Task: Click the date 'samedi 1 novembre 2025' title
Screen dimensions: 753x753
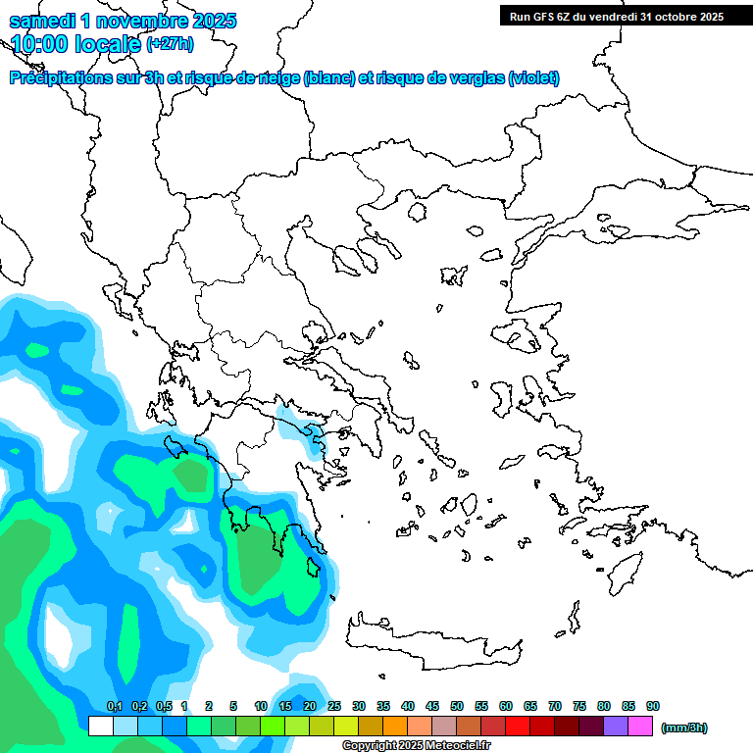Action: (x=124, y=21)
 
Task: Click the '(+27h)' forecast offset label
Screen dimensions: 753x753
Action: (x=170, y=44)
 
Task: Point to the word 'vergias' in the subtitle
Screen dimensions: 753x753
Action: (x=478, y=78)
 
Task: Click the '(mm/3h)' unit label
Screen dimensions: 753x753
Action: (x=684, y=728)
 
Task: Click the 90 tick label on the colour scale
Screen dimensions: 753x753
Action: (x=653, y=706)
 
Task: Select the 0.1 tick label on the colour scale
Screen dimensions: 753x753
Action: (x=114, y=706)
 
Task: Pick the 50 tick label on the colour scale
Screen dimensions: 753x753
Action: (x=457, y=706)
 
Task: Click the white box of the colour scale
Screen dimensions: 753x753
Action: (x=100, y=727)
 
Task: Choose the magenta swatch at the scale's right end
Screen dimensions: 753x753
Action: (x=640, y=727)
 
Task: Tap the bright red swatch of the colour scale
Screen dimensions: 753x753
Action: (x=518, y=727)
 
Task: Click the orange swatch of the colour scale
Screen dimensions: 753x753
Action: (x=395, y=727)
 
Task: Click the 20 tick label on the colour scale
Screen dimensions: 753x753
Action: (x=310, y=706)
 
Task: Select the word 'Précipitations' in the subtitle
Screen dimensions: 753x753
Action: (x=59, y=78)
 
